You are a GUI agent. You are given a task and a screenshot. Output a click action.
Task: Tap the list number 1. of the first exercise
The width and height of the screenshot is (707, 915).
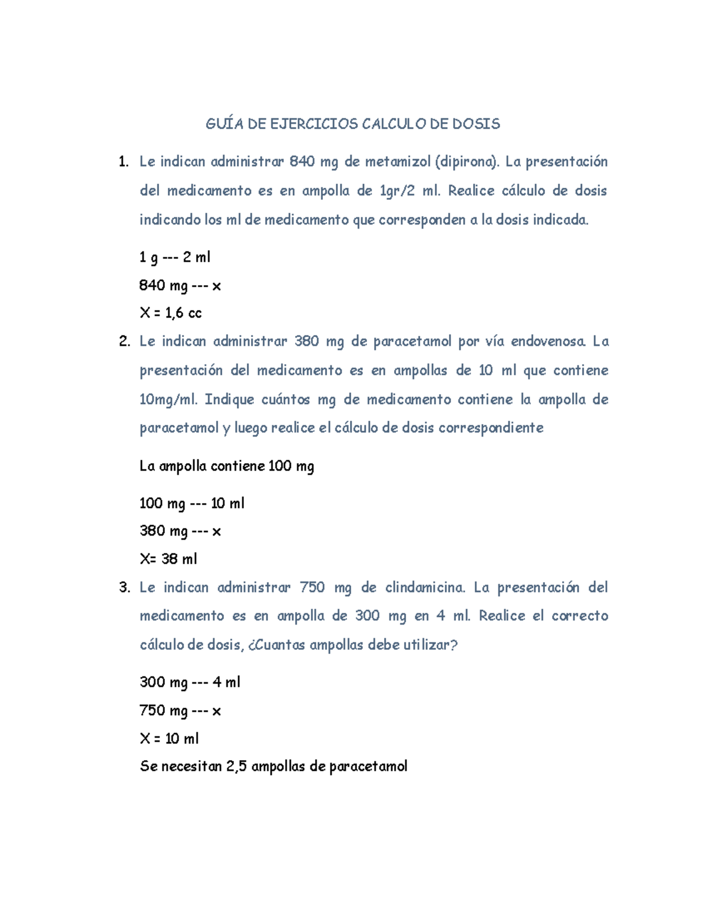(123, 161)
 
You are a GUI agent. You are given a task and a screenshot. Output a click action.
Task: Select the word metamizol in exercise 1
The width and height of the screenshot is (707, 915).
(398, 161)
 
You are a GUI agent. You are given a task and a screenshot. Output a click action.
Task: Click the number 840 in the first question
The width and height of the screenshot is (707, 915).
(302, 161)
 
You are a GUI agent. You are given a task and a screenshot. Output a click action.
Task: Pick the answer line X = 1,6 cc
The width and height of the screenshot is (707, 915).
(170, 313)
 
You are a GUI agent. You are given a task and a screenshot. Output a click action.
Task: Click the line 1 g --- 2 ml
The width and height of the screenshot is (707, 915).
(174, 257)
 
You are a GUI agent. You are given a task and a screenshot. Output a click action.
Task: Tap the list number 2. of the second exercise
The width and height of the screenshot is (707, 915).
(124, 341)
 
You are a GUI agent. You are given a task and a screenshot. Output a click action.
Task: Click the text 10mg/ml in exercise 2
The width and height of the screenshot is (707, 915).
(169, 399)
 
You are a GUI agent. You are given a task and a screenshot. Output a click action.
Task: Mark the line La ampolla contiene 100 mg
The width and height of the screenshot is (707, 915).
(227, 466)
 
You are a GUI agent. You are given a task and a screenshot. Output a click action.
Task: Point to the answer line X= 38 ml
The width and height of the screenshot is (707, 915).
(168, 559)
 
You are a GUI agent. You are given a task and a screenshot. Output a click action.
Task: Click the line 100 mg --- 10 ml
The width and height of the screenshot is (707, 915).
(191, 503)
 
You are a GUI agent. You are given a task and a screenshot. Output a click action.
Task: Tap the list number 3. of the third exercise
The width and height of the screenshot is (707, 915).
(124, 587)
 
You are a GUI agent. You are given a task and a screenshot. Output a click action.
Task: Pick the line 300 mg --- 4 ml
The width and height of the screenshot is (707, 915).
(190, 682)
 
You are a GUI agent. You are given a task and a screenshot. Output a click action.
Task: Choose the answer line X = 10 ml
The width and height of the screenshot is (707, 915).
(169, 738)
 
